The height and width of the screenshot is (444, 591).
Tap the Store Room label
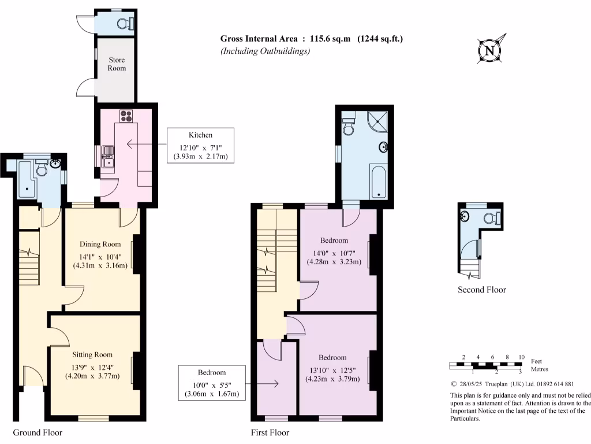click(x=116, y=64)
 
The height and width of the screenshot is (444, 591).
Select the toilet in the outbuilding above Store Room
click(x=125, y=23)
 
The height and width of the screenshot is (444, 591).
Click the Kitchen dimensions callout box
click(x=200, y=145)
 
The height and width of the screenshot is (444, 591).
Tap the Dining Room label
click(x=100, y=244)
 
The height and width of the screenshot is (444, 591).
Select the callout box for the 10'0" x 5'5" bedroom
click(x=212, y=383)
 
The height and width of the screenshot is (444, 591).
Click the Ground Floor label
click(x=38, y=432)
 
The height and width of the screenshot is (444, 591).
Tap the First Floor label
click(x=270, y=432)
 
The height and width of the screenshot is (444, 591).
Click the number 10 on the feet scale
click(x=521, y=357)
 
